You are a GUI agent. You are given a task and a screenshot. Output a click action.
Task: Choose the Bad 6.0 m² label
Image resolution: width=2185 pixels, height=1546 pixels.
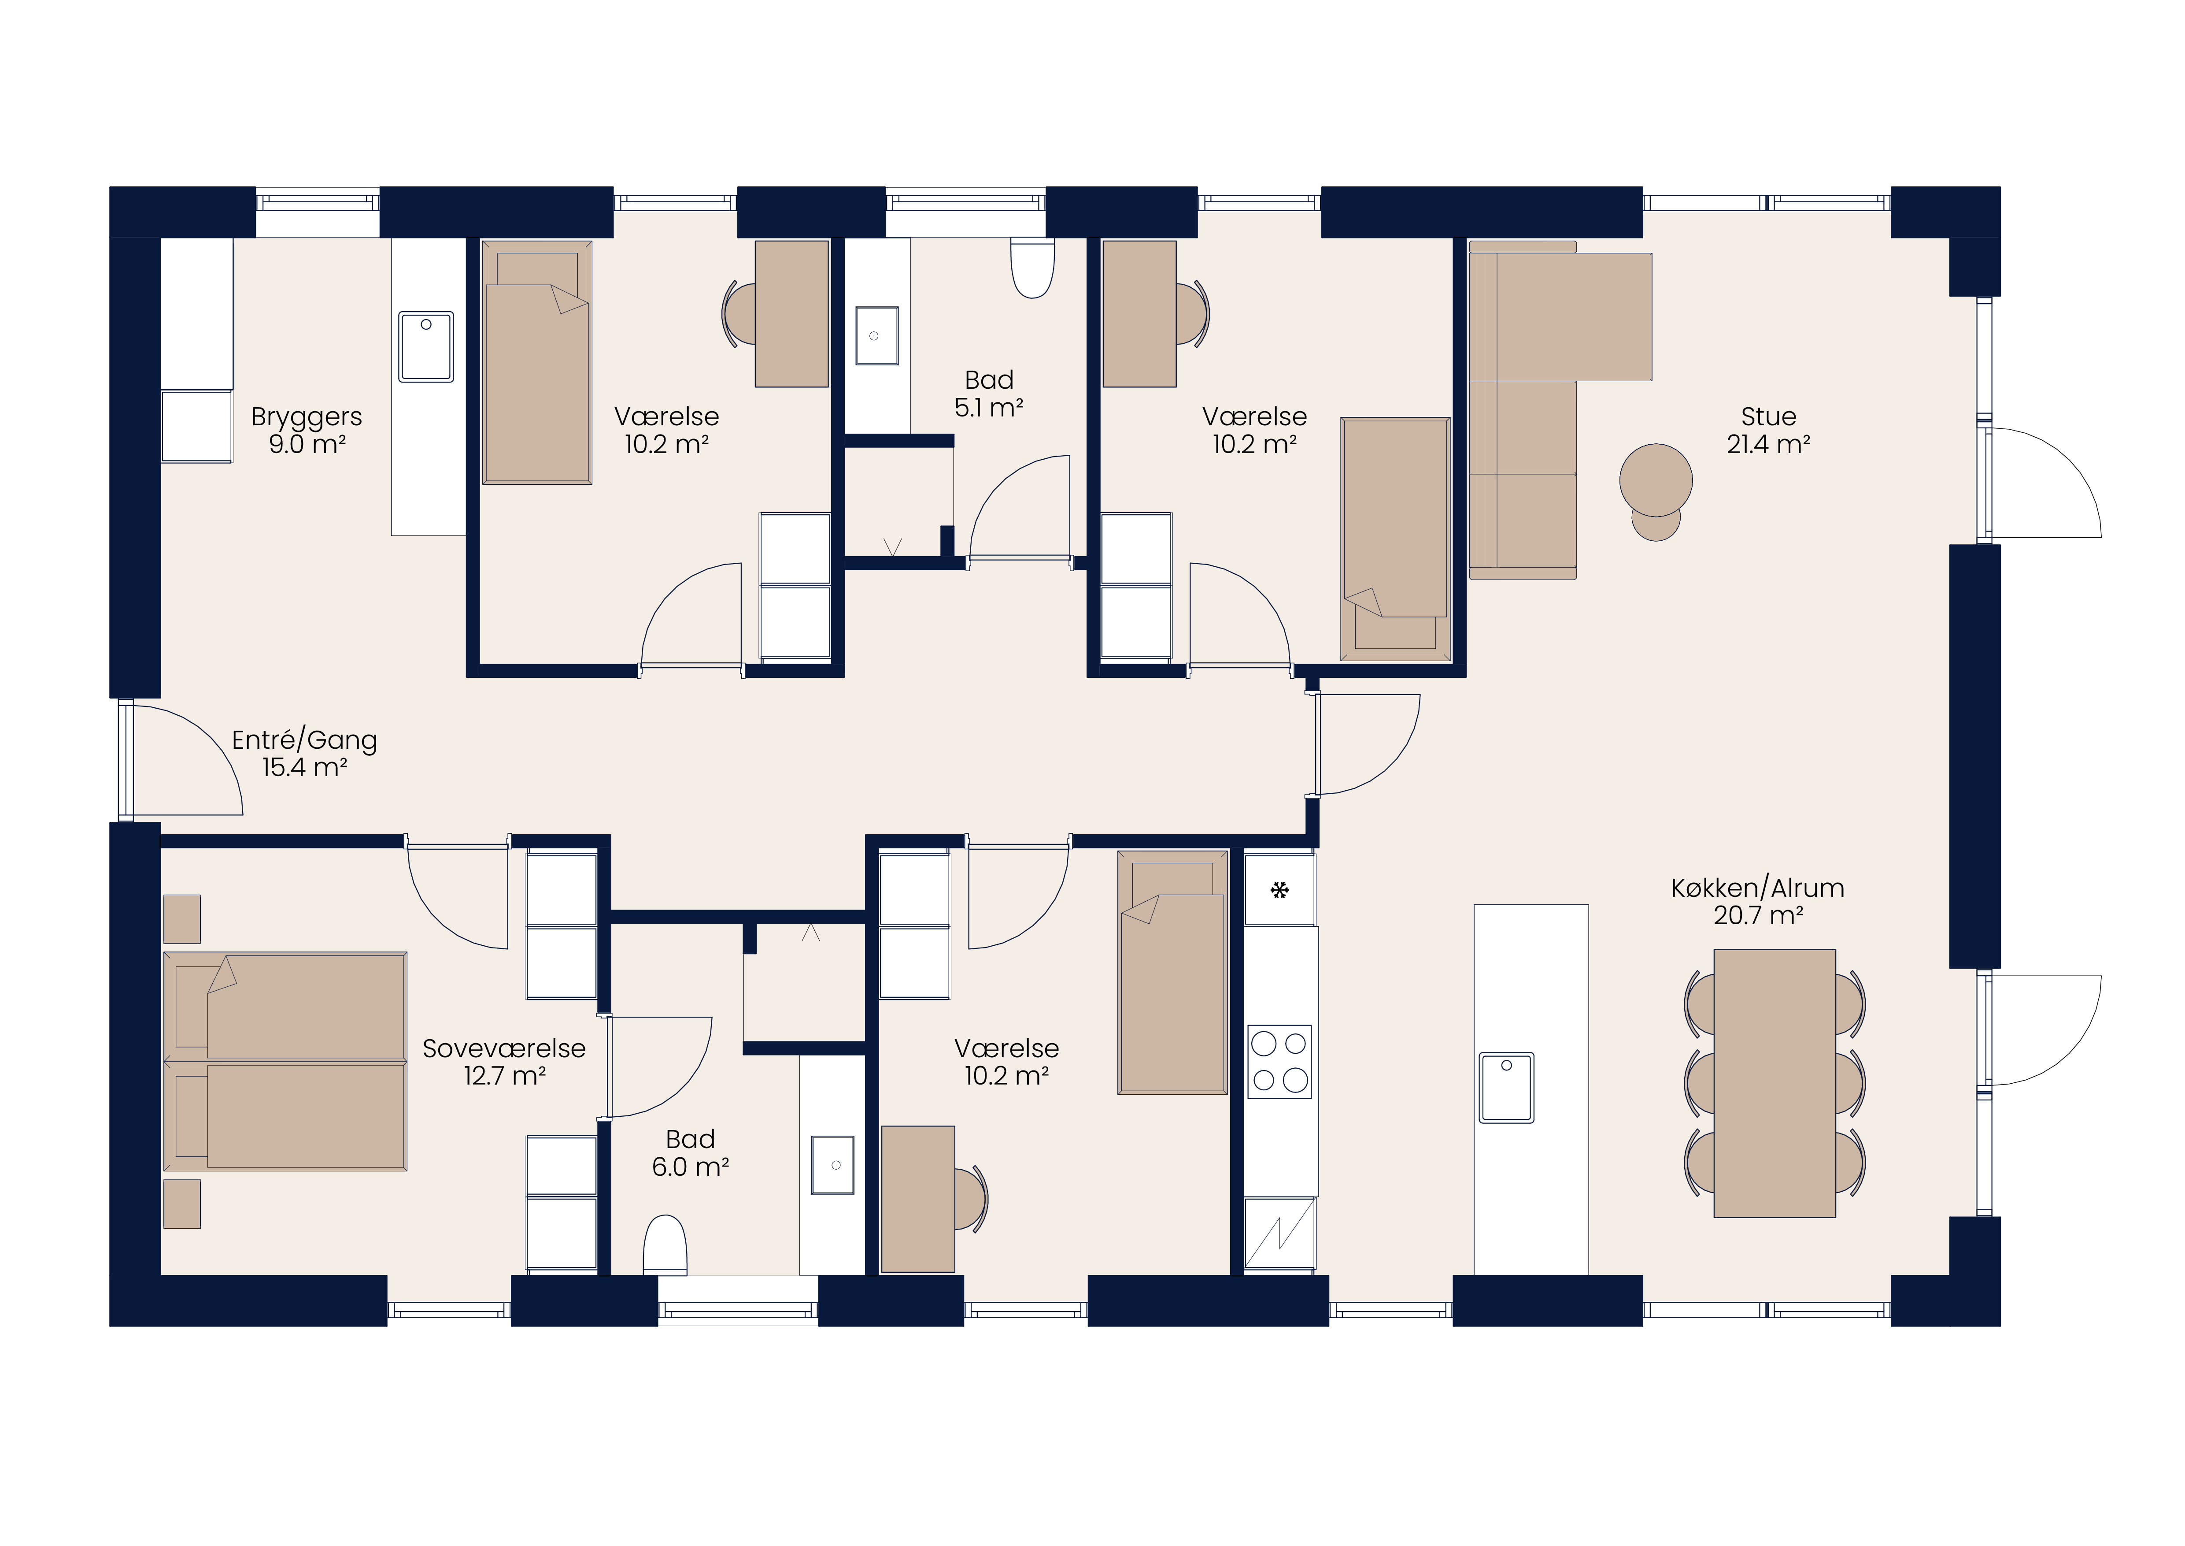tap(690, 1153)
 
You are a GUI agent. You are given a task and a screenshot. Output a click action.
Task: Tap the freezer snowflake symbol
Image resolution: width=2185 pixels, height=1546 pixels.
tap(1280, 891)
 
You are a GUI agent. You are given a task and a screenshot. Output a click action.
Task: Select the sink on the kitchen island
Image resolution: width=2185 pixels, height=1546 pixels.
tap(1506, 1087)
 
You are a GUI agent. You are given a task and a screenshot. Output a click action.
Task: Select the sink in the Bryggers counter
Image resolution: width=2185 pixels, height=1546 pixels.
tap(426, 346)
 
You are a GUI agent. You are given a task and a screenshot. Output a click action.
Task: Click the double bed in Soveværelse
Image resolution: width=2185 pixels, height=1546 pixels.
tap(285, 1062)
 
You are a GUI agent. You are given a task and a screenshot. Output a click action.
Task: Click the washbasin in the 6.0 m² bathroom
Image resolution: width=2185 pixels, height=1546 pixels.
tap(833, 1164)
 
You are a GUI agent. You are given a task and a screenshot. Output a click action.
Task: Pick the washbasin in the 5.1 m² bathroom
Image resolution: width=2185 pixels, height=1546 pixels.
tap(876, 335)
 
